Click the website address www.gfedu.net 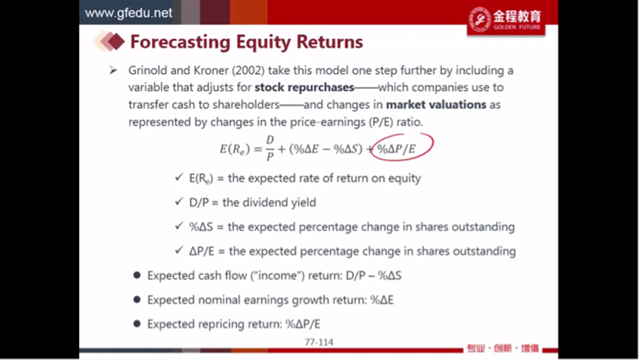(x=128, y=13)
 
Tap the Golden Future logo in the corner (x=506, y=20)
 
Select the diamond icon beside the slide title (x=109, y=41)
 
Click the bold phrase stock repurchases (x=304, y=87)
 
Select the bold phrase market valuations (x=436, y=104)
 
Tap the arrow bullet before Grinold (x=114, y=70)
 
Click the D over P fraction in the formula (x=270, y=149)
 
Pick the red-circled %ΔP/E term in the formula (x=396, y=149)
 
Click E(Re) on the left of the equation (x=234, y=149)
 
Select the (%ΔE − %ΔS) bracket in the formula (x=326, y=149)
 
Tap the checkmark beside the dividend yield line (x=179, y=201)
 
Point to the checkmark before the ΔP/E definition (x=179, y=250)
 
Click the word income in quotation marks (x=278, y=276)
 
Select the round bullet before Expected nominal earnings (x=137, y=300)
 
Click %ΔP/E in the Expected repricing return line (x=303, y=324)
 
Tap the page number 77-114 (x=319, y=342)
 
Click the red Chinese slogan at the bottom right (x=503, y=348)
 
